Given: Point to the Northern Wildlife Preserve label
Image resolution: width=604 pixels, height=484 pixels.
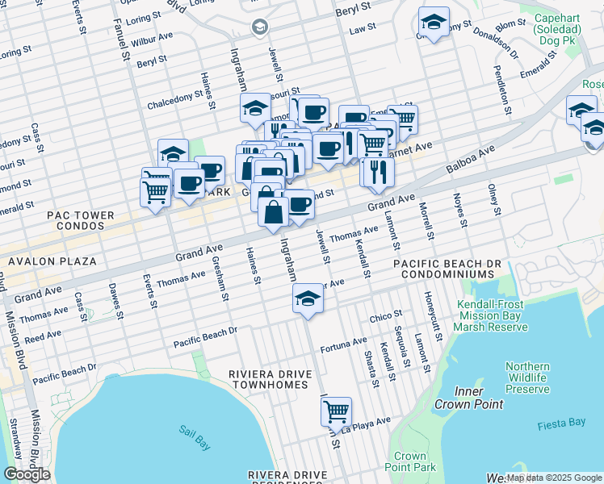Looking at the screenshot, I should (x=527, y=378).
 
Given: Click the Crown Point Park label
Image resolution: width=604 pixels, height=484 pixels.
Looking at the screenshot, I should (x=410, y=461).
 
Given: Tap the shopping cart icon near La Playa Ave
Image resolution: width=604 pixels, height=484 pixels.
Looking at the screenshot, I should (x=336, y=411).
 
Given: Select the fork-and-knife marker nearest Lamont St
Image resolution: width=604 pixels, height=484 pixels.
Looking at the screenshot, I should (x=377, y=171).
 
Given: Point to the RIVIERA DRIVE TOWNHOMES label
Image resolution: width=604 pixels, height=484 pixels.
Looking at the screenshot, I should (x=269, y=380).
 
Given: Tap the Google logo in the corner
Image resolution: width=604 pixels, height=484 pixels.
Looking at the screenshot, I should (x=27, y=474).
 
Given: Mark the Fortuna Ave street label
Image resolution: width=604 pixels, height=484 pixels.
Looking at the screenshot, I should (x=343, y=345).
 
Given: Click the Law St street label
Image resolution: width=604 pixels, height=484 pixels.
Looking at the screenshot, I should (x=362, y=28).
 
